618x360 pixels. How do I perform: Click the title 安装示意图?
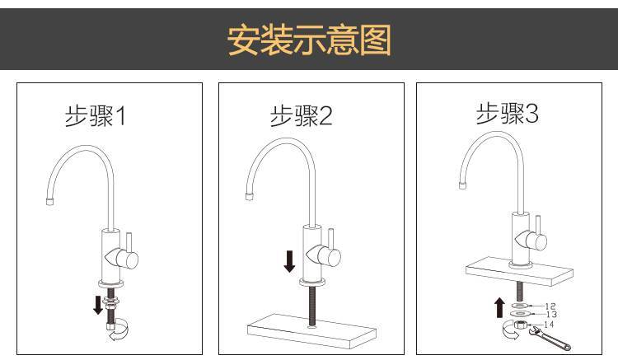pos(309,40)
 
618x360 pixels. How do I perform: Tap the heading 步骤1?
pos(95,116)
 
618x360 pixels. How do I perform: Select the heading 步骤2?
pos(302,116)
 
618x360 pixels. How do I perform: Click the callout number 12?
pos(550,306)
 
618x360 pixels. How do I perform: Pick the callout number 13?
pos(551,315)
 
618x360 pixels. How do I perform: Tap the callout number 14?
pos(549,324)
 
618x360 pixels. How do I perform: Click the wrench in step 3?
pos(550,338)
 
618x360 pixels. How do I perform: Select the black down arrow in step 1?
pos(98,306)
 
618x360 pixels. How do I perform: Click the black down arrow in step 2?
pos(289,261)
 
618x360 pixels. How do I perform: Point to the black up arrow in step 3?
pos(499,307)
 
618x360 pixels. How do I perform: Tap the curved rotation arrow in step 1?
pos(120,330)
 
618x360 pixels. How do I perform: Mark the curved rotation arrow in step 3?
pos(511,330)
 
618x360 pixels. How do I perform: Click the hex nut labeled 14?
pos(520,325)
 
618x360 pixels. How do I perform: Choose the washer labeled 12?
pos(520,306)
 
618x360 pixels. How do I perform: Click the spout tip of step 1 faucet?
pos(49,202)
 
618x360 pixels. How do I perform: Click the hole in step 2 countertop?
pos(311,326)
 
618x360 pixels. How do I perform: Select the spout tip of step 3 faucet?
pos(462,185)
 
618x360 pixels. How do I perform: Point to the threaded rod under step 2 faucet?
pos(311,306)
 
